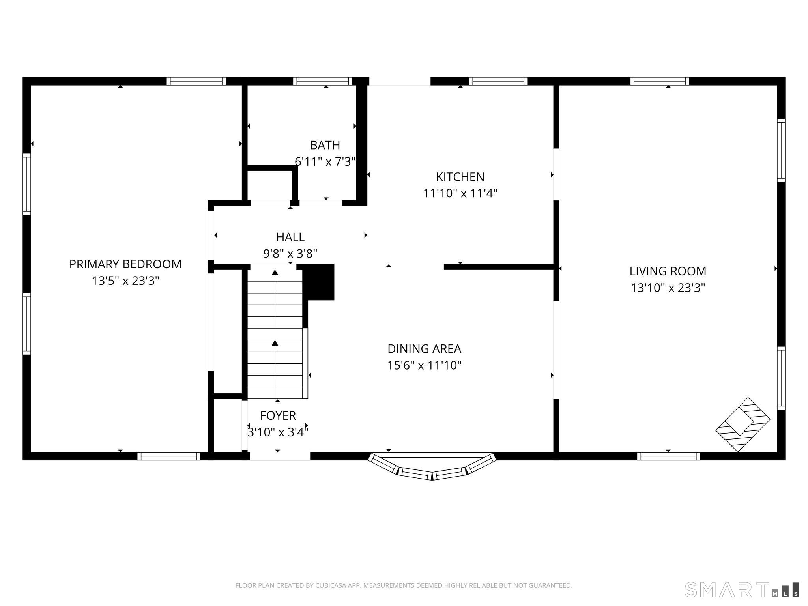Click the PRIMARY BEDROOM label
tap(125, 264)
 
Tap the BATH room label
tap(325, 145)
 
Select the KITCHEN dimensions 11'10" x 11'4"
tap(460, 193)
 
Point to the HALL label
tap(290, 237)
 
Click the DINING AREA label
tap(425, 349)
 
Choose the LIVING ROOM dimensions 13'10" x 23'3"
tap(668, 288)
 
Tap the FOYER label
tap(278, 415)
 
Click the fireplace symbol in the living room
tap(743, 425)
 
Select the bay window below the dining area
tap(432, 467)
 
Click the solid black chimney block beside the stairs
tap(320, 282)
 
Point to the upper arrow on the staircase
tap(275, 299)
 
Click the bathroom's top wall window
tap(323, 81)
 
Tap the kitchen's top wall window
tap(498, 81)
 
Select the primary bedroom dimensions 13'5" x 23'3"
tap(125, 281)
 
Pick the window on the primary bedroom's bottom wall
tap(169, 456)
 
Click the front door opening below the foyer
tap(280, 456)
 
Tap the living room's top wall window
tap(660, 81)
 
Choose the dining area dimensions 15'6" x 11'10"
tap(425, 365)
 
